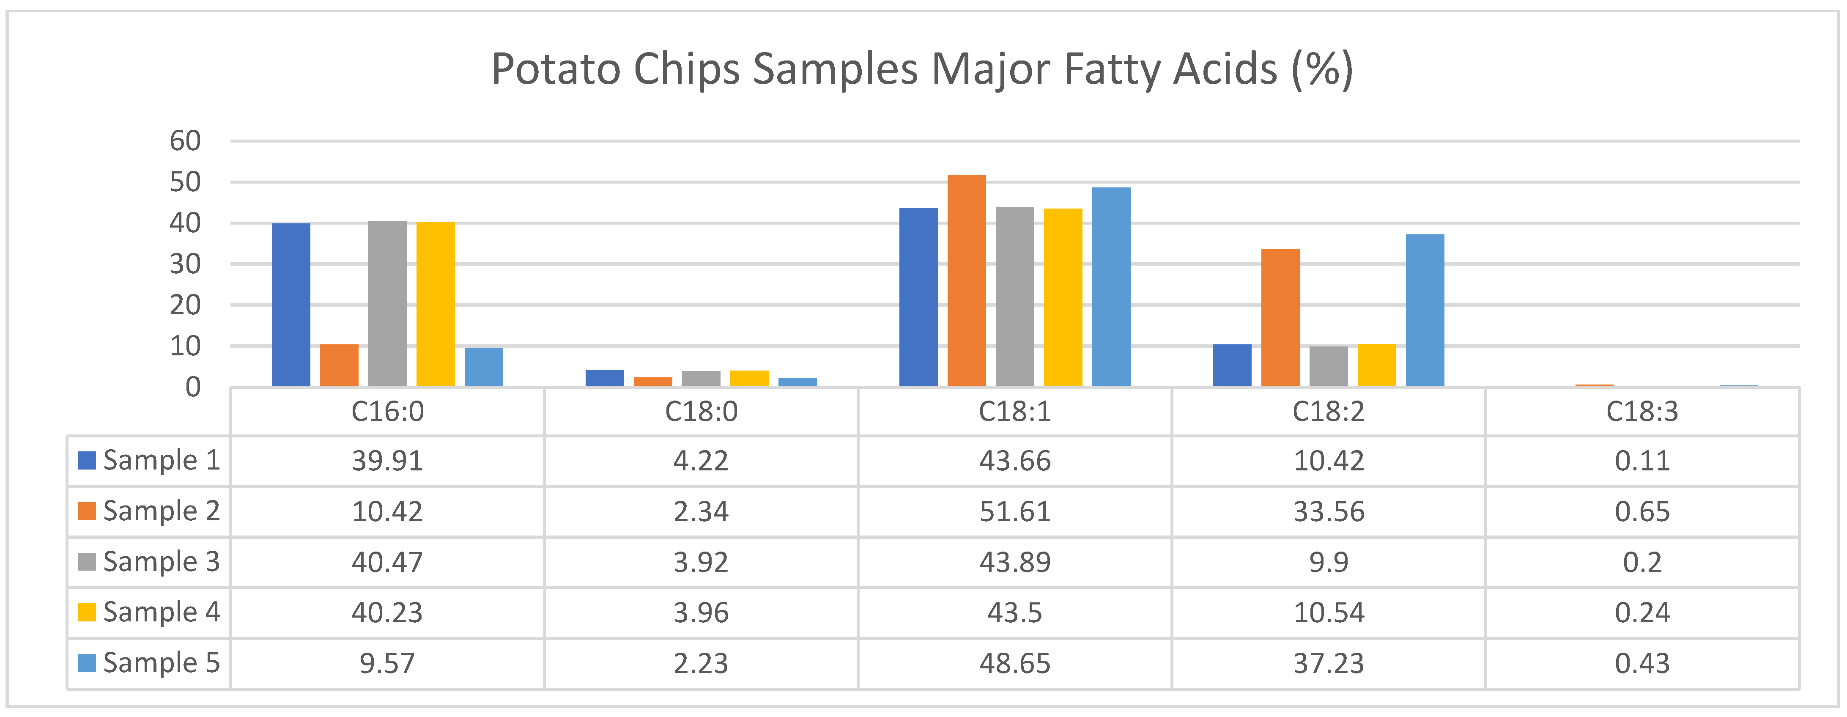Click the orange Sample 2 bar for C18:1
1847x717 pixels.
(967, 281)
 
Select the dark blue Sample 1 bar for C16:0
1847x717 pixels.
(291, 305)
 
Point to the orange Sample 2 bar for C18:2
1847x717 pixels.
(1280, 318)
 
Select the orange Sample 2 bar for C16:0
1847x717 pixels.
(339, 365)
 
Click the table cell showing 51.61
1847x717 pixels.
(1014, 512)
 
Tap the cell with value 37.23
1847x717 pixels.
(1329, 663)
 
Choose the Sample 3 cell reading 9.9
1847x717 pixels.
(1329, 562)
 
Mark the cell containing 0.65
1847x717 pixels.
(1642, 512)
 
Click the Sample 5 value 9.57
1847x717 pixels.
(387, 663)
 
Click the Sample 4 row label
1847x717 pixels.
(162, 613)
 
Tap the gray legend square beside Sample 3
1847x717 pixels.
(87, 562)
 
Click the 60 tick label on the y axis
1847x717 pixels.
(185, 141)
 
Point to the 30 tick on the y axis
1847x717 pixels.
(185, 264)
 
